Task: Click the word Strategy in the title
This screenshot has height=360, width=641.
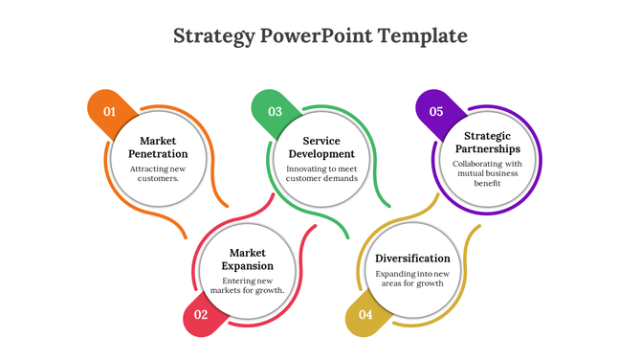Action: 214,36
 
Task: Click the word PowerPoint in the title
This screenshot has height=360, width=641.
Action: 314,36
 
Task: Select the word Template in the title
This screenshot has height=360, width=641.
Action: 422,36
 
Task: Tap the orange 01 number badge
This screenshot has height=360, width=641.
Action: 109,111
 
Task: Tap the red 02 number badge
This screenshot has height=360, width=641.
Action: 200,314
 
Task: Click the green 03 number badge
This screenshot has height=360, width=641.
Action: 275,111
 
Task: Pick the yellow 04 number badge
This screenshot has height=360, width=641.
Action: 365,314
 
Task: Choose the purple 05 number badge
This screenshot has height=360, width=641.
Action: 436,111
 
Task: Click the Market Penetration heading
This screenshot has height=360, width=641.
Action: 158,146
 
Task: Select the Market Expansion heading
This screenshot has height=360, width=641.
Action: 247,259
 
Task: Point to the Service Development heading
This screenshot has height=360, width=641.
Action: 321,146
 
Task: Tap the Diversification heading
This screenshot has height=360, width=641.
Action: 411,259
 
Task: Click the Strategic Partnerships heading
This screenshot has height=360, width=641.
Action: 486,142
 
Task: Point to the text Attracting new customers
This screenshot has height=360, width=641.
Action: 158,173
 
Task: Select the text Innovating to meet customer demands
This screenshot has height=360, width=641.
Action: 321,173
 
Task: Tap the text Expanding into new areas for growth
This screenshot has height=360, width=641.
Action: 411,279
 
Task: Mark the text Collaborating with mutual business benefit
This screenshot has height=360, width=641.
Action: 486,172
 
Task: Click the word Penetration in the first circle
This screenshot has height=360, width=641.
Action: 158,153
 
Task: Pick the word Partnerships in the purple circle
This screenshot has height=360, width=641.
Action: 486,148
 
